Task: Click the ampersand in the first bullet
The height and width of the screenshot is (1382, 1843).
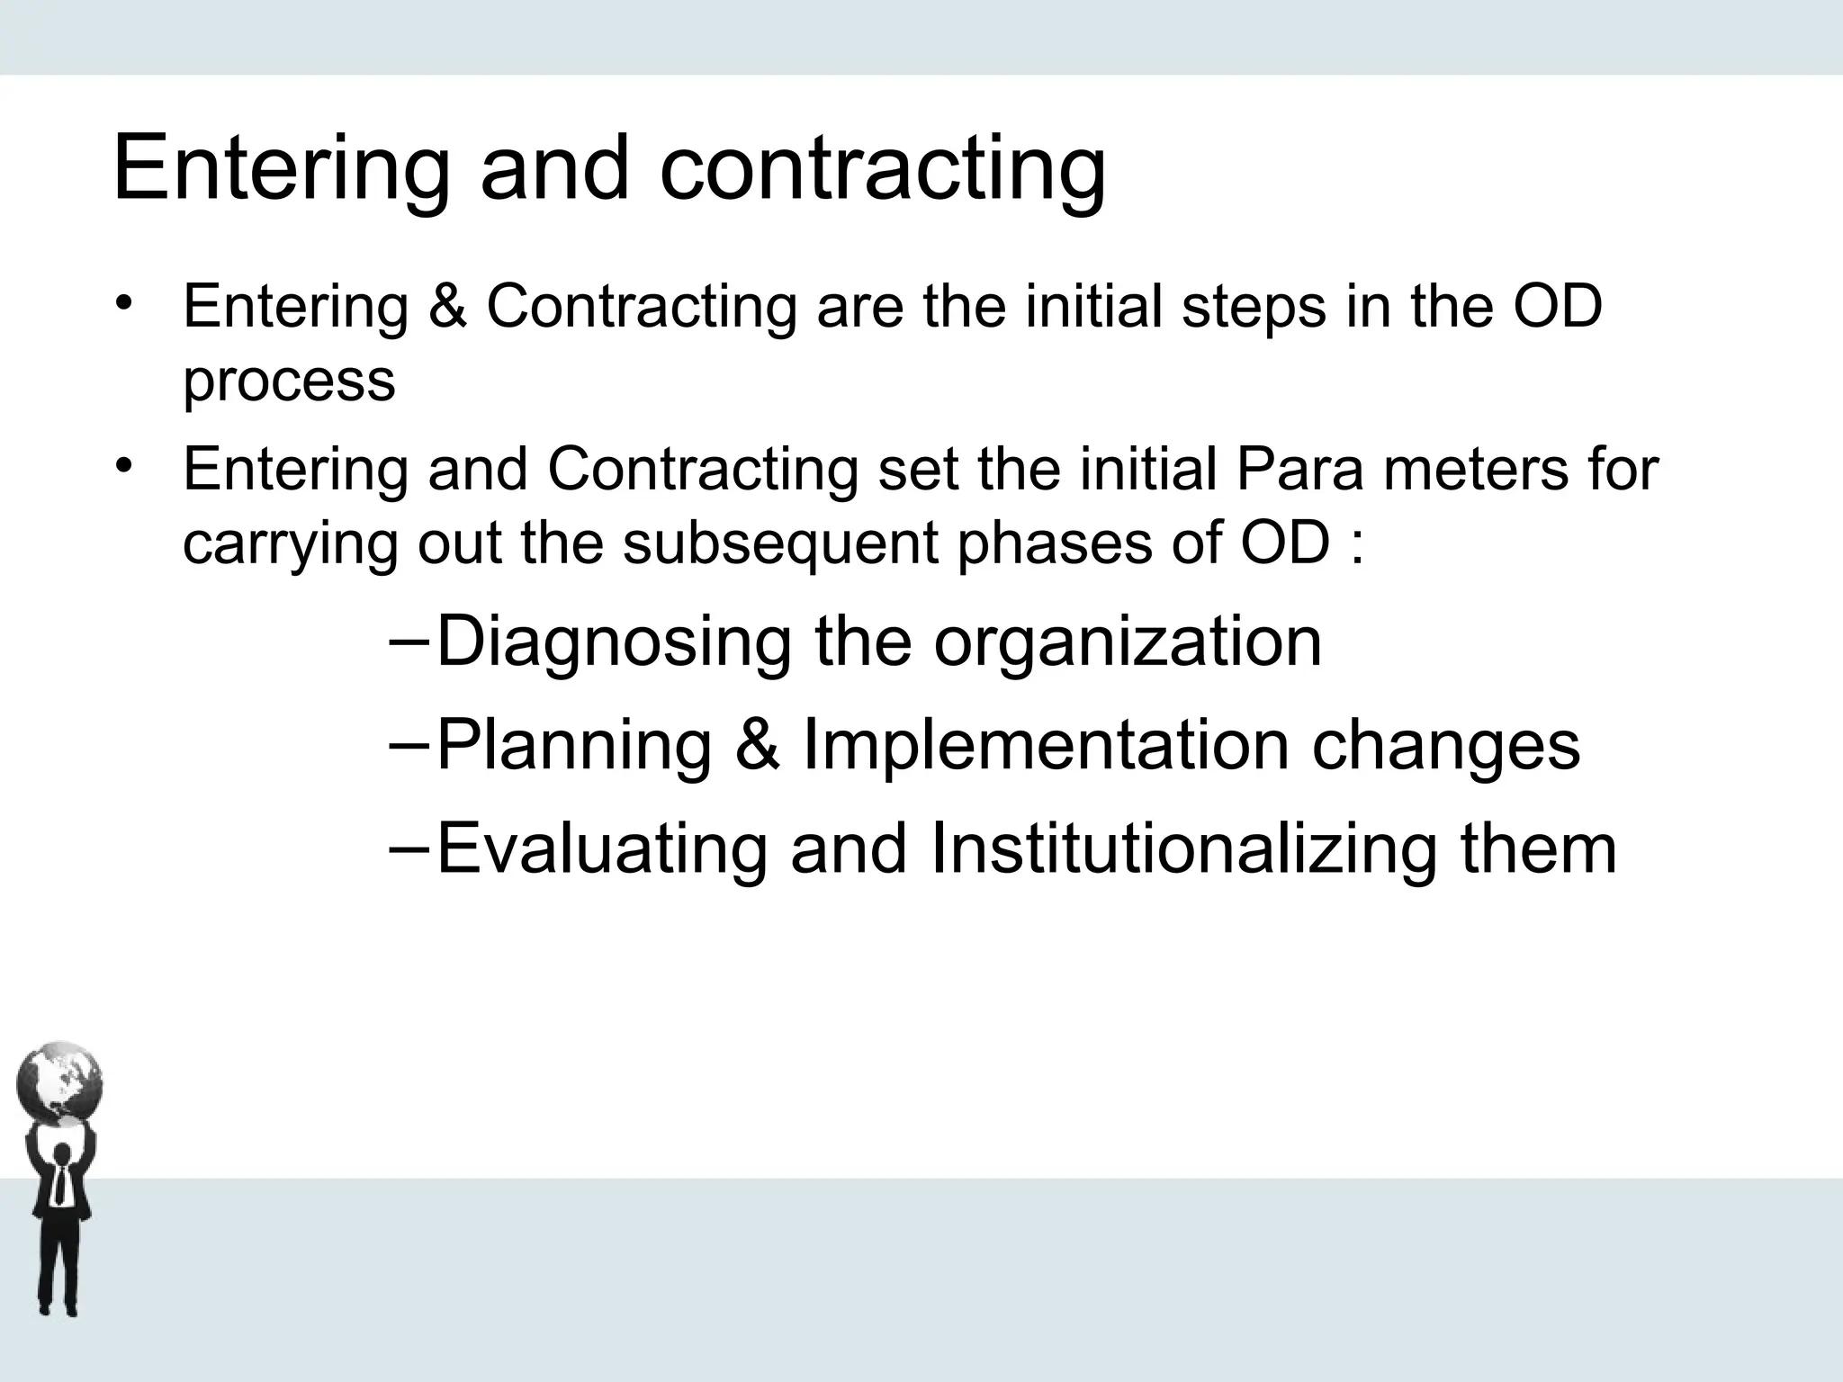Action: pyautogui.click(x=447, y=306)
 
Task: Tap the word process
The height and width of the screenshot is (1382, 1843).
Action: pyautogui.click(x=289, y=381)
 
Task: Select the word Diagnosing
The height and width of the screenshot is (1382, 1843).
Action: pyautogui.click(x=614, y=642)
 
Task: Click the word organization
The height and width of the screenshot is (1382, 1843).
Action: pyautogui.click(x=1128, y=642)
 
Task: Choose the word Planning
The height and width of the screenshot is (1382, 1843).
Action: pyautogui.click(x=574, y=746)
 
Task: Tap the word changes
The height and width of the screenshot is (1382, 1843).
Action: pyautogui.click(x=1445, y=746)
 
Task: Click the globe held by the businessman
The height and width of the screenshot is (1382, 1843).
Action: pyautogui.click(x=59, y=1083)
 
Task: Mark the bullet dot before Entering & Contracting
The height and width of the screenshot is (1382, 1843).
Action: pyautogui.click(x=124, y=301)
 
